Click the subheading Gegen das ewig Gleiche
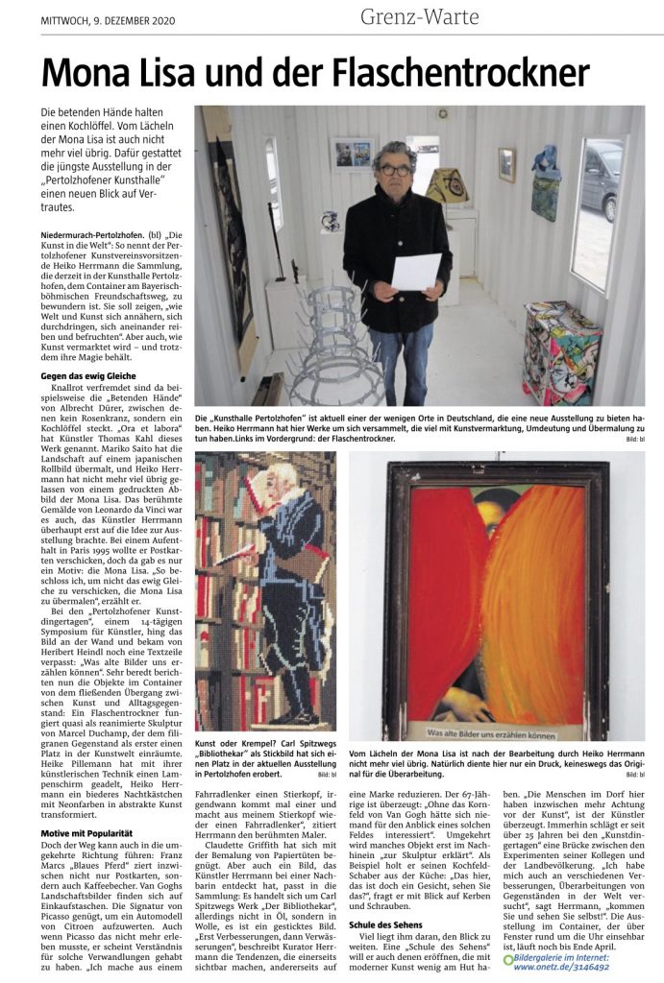88,375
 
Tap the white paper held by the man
415,271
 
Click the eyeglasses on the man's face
395,170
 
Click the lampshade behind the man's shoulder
447,185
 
